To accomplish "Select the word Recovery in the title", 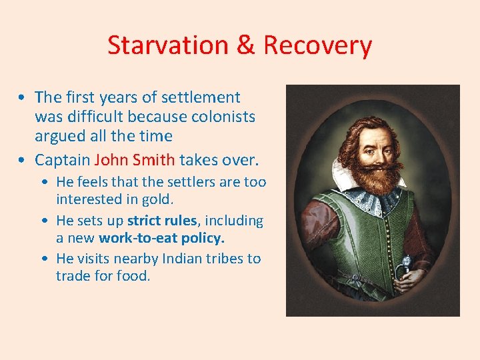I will click(x=317, y=45).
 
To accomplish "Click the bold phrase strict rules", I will click(x=161, y=221).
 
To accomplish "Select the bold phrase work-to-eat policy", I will click(x=162, y=238).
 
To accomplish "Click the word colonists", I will click(x=223, y=117).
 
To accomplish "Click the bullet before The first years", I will click(x=23, y=97).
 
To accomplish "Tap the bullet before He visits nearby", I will click(x=46, y=259).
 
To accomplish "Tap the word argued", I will click(x=61, y=136).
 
